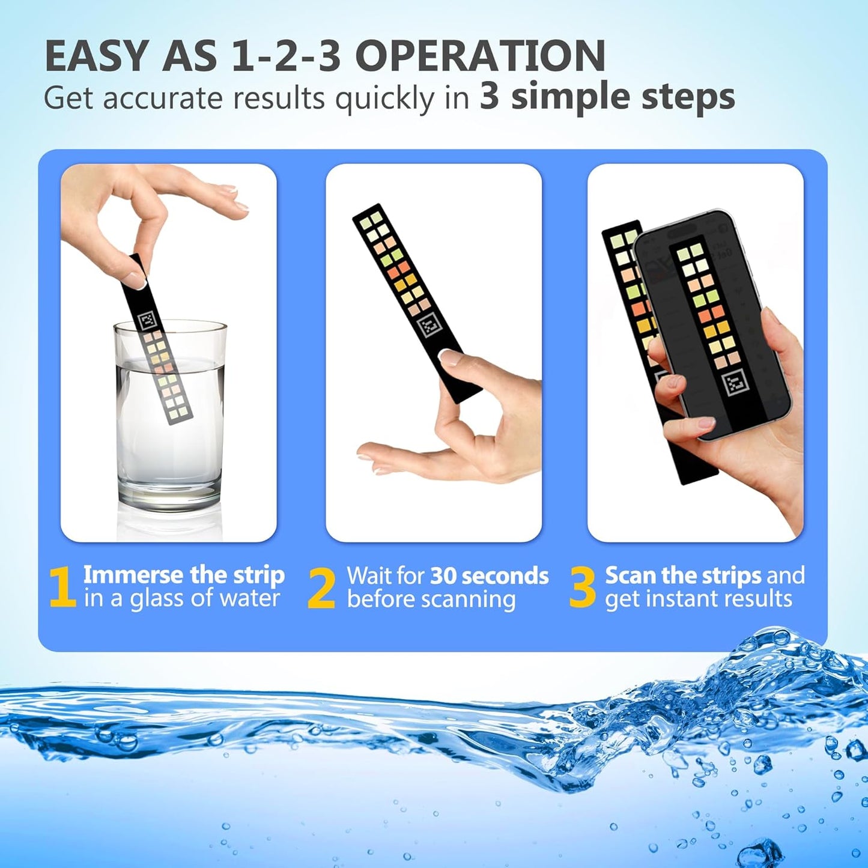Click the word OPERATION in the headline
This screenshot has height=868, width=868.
coord(480,57)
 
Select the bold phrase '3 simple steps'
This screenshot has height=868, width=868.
coord(607,97)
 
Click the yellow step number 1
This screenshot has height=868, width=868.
coord(62,587)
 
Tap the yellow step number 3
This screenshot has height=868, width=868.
coord(581,587)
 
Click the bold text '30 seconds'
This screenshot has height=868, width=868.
coord(489,575)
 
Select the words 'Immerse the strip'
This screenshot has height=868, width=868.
coord(184,575)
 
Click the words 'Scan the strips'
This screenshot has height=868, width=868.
coord(683,575)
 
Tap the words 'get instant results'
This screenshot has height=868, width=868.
coord(698,599)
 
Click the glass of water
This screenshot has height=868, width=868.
coord(170,420)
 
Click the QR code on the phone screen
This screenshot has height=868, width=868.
coord(736,382)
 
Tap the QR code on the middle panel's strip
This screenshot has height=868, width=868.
coord(429,326)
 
